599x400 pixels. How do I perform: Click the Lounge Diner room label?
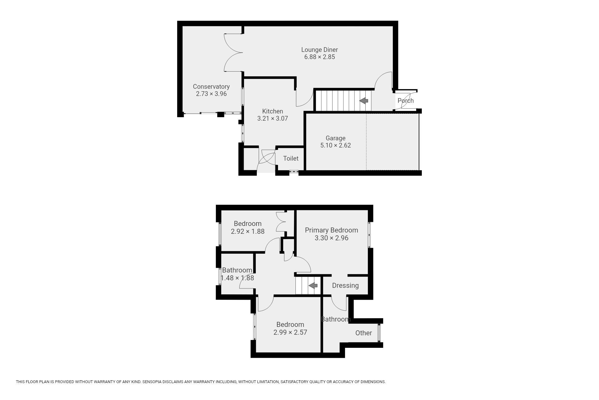[x=319, y=50]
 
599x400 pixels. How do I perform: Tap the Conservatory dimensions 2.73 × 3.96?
[x=211, y=94]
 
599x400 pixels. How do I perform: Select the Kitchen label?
[x=273, y=111]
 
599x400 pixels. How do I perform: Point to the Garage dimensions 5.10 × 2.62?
[x=335, y=145]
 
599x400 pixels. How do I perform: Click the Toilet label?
[x=291, y=158]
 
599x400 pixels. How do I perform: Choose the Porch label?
[x=406, y=101]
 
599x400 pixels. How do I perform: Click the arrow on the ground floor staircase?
[x=364, y=101]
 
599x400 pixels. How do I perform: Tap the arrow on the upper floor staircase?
[x=313, y=285]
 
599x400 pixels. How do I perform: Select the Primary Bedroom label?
[x=331, y=230]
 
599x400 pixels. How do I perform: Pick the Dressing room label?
[x=345, y=286]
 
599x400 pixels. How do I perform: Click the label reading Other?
[x=363, y=333]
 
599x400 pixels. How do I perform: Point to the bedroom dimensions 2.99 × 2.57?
[x=290, y=332]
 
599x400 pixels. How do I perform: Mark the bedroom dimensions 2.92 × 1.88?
[x=248, y=232]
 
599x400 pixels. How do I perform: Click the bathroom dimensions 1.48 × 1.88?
[x=237, y=278]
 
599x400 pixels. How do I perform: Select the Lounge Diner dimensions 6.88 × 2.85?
[x=319, y=57]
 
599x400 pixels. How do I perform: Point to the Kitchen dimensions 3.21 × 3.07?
[x=273, y=118]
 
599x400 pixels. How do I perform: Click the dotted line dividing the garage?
[x=366, y=142]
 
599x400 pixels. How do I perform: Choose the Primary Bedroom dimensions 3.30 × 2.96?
[x=331, y=238]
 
